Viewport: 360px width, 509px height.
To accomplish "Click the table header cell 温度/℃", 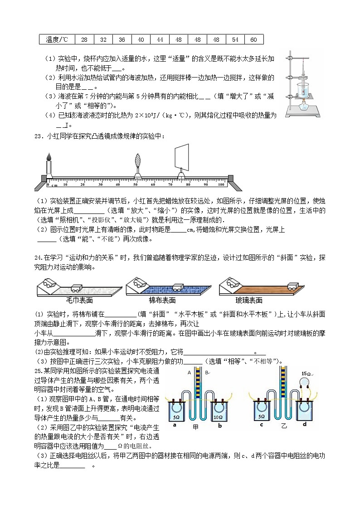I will click(x=57, y=39).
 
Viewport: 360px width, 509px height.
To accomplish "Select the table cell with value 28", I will click(x=84, y=39).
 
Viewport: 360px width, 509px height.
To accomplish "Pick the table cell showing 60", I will click(x=253, y=39).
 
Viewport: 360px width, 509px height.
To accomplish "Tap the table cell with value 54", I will click(x=235, y=39).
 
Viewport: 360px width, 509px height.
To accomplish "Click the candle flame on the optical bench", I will click(x=49, y=157).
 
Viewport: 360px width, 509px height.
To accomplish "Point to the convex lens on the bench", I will click(x=137, y=162).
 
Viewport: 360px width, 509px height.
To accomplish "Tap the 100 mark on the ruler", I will click(x=221, y=184).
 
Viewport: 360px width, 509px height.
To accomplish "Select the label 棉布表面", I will click(x=162, y=300).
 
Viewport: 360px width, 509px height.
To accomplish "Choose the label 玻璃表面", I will click(x=249, y=300).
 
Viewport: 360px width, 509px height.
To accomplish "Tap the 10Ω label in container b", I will click(x=218, y=417).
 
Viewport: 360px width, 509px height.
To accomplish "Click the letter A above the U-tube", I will click(x=189, y=373).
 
